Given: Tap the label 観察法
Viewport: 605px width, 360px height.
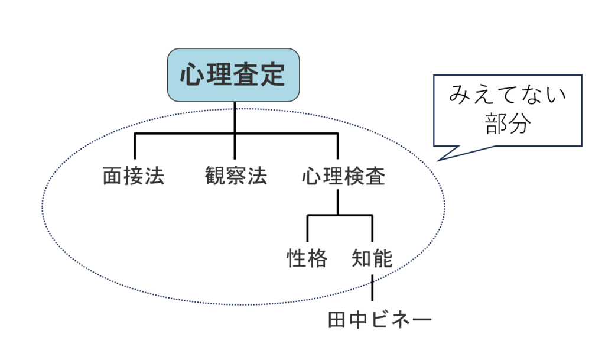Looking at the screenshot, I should click(236, 177).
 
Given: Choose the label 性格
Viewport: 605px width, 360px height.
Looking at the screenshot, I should click(307, 258).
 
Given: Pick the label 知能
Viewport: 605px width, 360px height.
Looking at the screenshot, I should click(372, 258).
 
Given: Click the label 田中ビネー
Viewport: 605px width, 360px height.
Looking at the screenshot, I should click(380, 320).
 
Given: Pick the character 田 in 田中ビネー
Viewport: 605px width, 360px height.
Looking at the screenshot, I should click(337, 320).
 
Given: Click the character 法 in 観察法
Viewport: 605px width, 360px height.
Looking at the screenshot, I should click(257, 177).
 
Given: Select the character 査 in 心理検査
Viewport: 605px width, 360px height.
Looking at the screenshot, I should click(375, 177).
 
